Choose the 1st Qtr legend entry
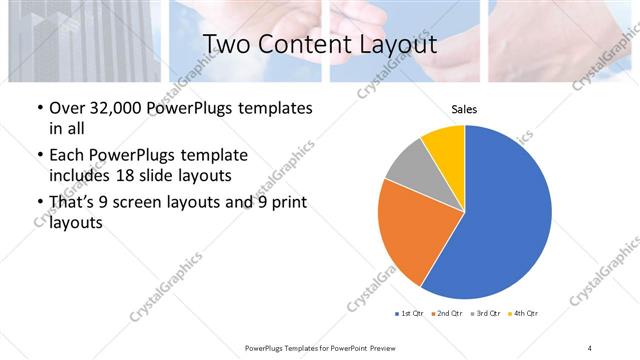coord(411,315)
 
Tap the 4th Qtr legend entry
coord(525,315)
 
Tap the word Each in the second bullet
coord(67,155)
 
